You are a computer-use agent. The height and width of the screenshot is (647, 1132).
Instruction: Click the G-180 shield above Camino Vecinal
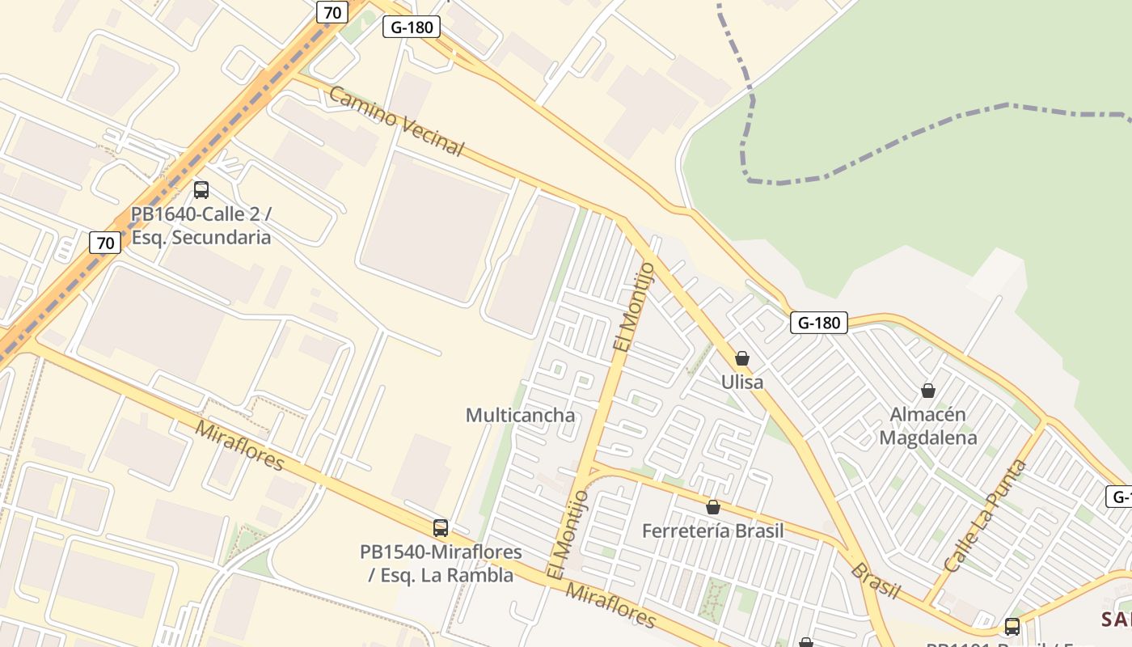[x=411, y=27]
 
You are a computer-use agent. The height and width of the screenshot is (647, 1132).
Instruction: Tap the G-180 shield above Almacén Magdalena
[x=818, y=323]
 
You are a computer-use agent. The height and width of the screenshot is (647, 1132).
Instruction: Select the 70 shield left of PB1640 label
[x=105, y=242]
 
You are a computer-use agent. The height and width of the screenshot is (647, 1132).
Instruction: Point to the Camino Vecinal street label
[x=397, y=121]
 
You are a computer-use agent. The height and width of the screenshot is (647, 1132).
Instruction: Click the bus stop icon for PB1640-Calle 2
[x=201, y=190]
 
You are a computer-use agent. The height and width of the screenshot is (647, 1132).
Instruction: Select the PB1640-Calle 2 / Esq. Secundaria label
[x=201, y=226]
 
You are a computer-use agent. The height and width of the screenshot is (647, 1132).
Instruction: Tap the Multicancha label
[x=521, y=415]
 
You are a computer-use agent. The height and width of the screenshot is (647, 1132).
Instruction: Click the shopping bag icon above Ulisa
[x=741, y=357]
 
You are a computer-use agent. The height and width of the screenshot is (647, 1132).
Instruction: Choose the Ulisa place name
[x=741, y=381]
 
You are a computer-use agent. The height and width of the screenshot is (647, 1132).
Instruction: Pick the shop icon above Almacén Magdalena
[x=928, y=391]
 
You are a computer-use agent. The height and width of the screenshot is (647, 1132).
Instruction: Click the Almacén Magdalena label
[x=928, y=426]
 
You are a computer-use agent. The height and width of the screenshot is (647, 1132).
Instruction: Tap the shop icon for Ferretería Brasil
[x=712, y=507]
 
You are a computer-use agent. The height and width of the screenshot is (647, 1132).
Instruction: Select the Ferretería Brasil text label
[x=712, y=531]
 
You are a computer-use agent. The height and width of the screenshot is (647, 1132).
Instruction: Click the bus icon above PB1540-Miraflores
[x=441, y=528]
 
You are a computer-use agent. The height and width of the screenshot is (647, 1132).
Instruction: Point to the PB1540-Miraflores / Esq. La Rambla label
[x=441, y=564]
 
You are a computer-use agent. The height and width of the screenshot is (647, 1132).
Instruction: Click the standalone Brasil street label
[x=875, y=581]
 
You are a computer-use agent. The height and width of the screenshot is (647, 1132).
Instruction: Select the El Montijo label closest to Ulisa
[x=633, y=307]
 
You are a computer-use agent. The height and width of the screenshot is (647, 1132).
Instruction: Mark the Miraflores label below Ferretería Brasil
[x=610, y=605]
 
